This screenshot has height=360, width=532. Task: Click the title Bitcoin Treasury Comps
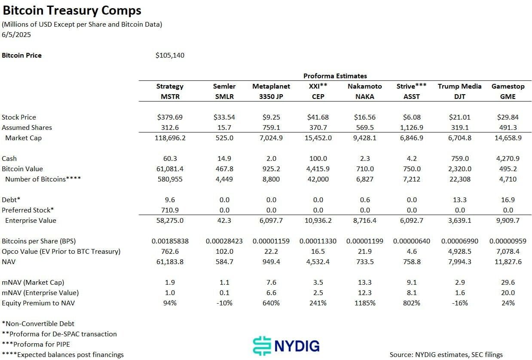click(x=72, y=10)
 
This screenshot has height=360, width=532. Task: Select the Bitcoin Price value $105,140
click(x=170, y=55)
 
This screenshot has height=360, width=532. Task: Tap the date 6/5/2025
click(x=16, y=35)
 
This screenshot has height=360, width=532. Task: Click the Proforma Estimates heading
click(x=335, y=76)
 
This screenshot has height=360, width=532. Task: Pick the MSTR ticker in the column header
click(x=170, y=96)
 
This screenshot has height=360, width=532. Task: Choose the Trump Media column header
click(x=459, y=86)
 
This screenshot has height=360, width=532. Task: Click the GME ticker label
click(x=508, y=96)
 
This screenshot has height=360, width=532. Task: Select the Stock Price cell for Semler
click(x=224, y=117)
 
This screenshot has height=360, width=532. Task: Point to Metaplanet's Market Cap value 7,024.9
click(x=271, y=138)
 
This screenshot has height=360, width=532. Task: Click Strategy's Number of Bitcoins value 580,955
click(x=170, y=179)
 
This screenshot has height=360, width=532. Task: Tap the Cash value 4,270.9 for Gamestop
click(x=508, y=158)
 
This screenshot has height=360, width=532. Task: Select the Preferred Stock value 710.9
click(x=170, y=210)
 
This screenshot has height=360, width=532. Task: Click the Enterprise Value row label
click(x=31, y=220)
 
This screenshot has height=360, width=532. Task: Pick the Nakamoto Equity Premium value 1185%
click(x=364, y=303)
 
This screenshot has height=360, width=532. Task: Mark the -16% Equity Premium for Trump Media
click(x=459, y=303)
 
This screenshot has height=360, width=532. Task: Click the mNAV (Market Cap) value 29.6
click(x=508, y=282)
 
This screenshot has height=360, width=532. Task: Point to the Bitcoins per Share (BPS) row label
click(x=39, y=241)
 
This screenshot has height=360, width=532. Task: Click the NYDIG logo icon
click(x=262, y=345)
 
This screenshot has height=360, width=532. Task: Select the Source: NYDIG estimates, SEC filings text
click(x=446, y=354)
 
